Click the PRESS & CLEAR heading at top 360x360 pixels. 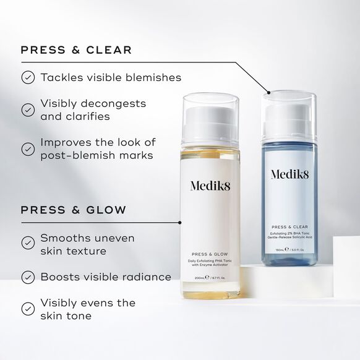[x=76, y=50]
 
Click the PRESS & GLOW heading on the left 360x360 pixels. [x=74, y=210]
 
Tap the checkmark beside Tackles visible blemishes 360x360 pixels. [x=28, y=78]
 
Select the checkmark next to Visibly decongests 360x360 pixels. [x=28, y=109]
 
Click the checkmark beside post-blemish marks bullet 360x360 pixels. [x=28, y=149]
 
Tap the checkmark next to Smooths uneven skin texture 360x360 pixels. [x=28, y=244]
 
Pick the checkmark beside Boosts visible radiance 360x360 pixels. [x=28, y=277]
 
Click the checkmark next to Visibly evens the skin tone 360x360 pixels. [x=28, y=309]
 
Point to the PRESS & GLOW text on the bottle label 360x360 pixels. [x=209, y=254]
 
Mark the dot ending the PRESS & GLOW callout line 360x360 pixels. [x=179, y=222]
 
